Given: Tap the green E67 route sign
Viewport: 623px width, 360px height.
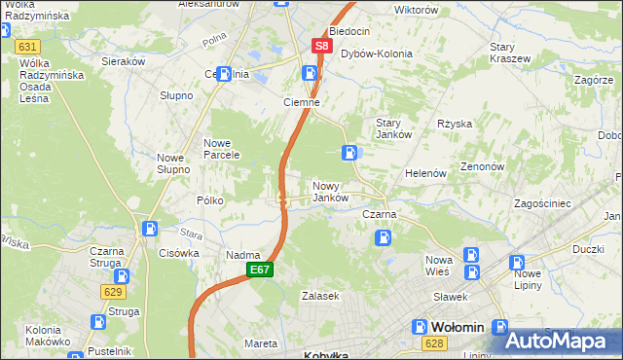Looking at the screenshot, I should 259,270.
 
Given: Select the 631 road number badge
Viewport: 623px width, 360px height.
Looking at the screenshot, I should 27,46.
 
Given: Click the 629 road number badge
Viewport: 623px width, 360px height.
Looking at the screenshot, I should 113,291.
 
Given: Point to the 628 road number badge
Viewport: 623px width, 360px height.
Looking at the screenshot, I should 435,343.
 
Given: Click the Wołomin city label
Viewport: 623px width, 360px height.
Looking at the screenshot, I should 456,327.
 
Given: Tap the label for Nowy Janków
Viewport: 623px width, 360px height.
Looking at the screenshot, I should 330,192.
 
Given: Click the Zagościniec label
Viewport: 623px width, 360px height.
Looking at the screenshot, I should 550,203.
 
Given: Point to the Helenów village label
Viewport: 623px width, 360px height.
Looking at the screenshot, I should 425,173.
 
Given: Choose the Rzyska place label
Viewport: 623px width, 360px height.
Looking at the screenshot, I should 455,124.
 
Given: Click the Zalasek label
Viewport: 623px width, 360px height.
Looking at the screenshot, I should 319,296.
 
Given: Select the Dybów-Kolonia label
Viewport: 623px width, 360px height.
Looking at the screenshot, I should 376,54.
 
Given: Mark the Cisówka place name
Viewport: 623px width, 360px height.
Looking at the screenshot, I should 178,253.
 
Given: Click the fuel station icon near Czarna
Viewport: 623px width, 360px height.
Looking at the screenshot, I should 385,235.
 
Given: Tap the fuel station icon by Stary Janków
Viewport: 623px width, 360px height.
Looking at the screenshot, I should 349,152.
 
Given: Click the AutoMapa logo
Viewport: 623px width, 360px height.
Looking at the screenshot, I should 561,340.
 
